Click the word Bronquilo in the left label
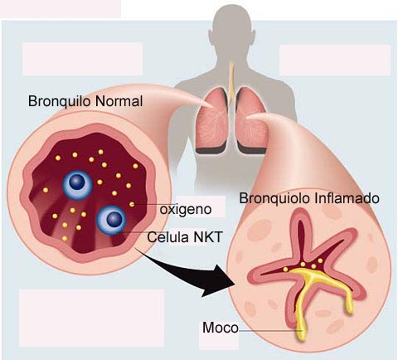click(x=60, y=101)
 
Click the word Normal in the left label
click(x=119, y=101)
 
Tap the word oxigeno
click(x=186, y=210)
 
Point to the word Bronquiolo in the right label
click(x=275, y=198)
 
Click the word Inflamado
click(x=347, y=198)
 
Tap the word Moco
click(x=221, y=328)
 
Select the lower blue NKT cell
click(x=111, y=221)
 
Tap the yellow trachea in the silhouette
click(x=231, y=80)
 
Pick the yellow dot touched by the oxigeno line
click(x=132, y=204)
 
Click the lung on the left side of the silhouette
click(x=212, y=120)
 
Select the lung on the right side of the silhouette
click(x=251, y=120)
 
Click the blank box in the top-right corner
click(x=335, y=60)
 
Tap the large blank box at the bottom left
click(x=91, y=318)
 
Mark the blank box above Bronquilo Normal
click(x=83, y=59)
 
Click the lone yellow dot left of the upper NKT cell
click(x=46, y=190)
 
